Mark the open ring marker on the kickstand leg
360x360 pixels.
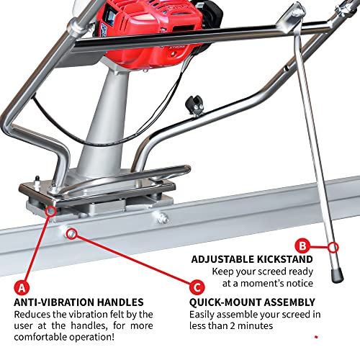[332, 248]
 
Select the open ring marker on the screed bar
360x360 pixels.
[71, 233]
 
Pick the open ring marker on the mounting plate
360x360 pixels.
[50, 210]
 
